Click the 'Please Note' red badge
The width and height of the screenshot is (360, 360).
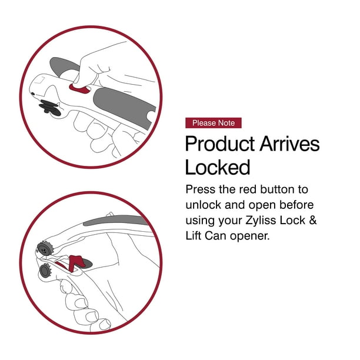(x=213, y=123)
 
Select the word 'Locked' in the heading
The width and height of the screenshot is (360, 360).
(x=218, y=167)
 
